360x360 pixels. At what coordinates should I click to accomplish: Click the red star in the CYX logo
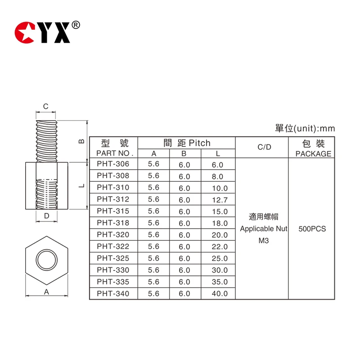[x=24, y=32]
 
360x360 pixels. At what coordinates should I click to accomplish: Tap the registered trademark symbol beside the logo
[x=76, y=25]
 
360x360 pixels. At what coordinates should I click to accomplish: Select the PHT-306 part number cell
[x=113, y=164]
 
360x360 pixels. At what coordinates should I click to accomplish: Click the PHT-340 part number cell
[x=113, y=293]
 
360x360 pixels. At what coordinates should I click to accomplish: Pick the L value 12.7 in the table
[x=220, y=200]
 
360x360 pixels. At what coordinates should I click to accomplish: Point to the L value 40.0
[x=220, y=293]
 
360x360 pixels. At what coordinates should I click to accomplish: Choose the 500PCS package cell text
[x=312, y=229]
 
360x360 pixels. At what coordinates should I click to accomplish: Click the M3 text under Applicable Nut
[x=263, y=241]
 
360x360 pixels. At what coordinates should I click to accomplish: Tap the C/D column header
[x=264, y=147]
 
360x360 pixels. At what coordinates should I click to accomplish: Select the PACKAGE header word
[x=313, y=154]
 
